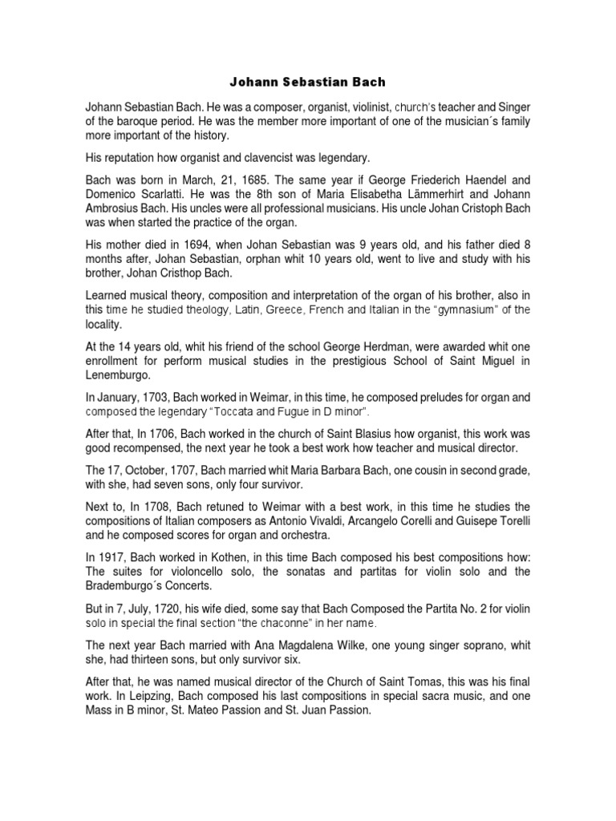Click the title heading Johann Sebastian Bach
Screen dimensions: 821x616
[307, 81]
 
